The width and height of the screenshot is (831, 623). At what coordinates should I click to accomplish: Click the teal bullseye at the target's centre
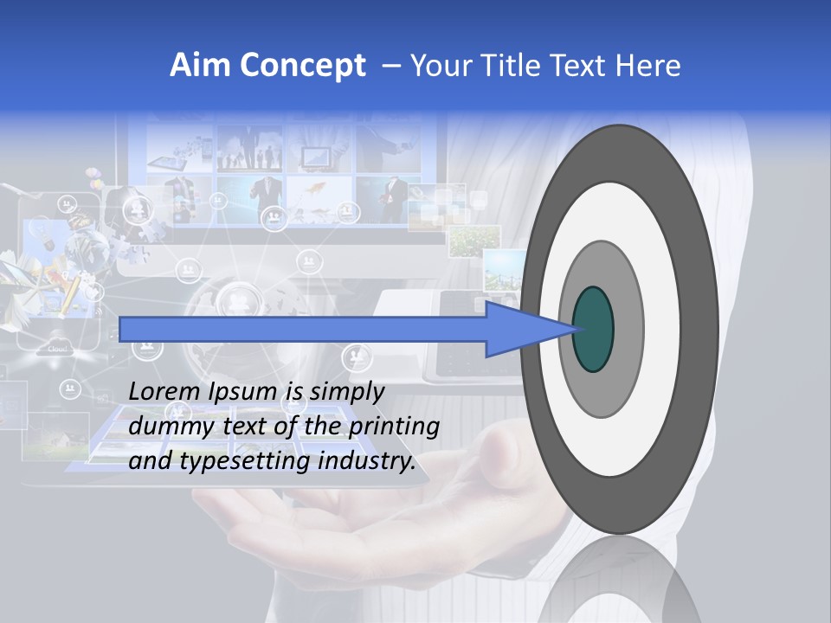point(593,329)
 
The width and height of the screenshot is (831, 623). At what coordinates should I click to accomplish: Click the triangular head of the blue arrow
point(519,329)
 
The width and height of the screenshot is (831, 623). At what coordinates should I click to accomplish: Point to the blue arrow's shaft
point(303,329)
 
